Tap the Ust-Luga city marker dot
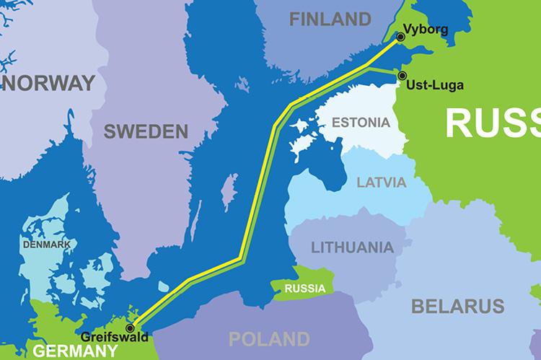click(x=402, y=75)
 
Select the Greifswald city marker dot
click(x=130, y=328)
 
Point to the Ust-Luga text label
click(x=435, y=85)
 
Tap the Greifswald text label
click(x=115, y=337)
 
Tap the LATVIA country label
click(x=382, y=182)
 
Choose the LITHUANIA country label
click(x=352, y=247)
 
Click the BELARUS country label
click(x=457, y=306)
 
